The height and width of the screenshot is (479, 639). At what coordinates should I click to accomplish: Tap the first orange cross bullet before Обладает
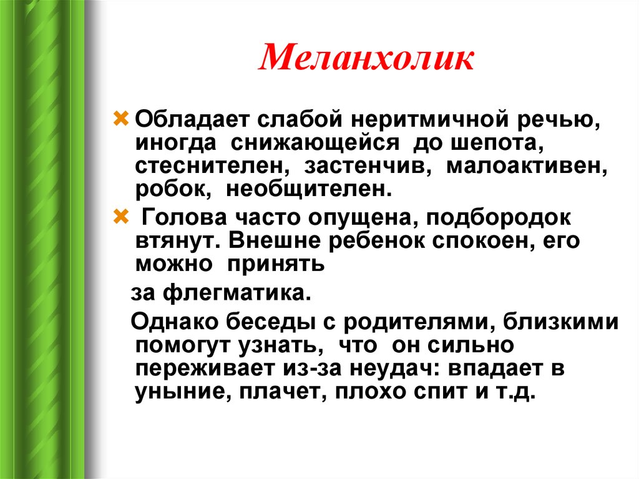click(x=120, y=119)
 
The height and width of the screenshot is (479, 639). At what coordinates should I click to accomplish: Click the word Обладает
click(x=192, y=119)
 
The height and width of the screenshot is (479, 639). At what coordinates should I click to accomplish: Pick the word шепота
click(x=497, y=143)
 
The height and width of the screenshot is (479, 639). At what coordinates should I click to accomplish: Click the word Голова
click(x=183, y=217)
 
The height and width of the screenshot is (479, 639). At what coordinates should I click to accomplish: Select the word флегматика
click(x=237, y=293)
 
